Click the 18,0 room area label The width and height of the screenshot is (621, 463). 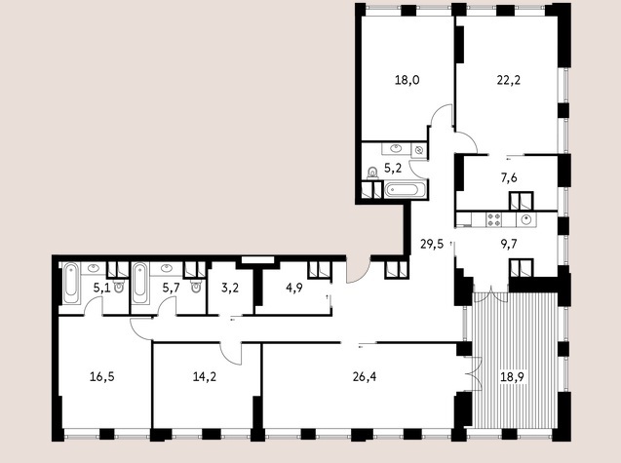click(408, 80)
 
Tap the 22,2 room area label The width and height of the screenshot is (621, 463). click(509, 80)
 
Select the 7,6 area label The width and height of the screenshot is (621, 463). click(509, 178)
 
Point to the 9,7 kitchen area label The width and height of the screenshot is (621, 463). click(509, 244)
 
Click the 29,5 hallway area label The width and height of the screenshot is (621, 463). click(432, 244)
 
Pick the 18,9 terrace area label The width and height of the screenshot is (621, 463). click(513, 376)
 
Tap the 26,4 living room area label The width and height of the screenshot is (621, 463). click(365, 376)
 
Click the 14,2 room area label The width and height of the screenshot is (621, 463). click(205, 376)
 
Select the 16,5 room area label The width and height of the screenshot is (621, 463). click(102, 376)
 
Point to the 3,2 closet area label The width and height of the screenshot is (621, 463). click(230, 288)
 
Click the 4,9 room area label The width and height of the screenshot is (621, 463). click(294, 288)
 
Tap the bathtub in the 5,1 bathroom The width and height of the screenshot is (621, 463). click(71, 283)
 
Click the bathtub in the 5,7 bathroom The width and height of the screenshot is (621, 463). click(140, 283)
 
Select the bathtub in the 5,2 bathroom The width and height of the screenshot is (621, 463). click(407, 189)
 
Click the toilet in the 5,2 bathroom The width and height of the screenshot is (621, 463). click(372, 174)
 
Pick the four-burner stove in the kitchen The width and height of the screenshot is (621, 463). click(494, 220)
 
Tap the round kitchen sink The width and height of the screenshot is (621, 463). click(526, 219)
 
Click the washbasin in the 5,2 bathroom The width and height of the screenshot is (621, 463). click(396, 149)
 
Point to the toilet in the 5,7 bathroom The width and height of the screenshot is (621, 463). click(196, 286)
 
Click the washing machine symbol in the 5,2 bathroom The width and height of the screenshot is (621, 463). click(419, 150)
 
